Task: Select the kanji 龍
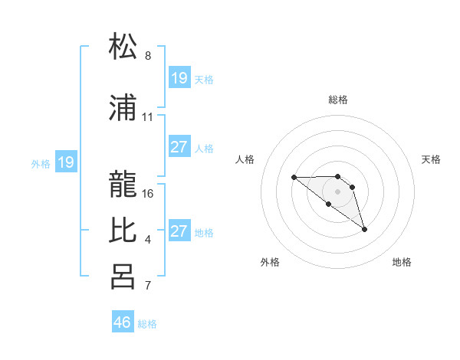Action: (123, 182)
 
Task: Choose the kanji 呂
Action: (123, 277)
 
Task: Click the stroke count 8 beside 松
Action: (148, 56)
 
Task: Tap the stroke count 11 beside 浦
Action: (148, 118)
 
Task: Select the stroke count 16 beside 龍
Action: (148, 193)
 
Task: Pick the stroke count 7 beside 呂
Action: (148, 286)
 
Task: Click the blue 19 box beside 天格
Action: (179, 78)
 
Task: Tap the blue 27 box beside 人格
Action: (179, 148)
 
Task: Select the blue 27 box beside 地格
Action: (179, 231)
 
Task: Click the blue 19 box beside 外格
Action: (66, 162)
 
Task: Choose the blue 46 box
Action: (123, 322)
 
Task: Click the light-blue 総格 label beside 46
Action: (147, 324)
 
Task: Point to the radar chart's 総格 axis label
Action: (337, 100)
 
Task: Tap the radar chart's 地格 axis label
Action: (402, 262)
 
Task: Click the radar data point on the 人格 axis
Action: (294, 178)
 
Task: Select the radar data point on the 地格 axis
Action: (364, 229)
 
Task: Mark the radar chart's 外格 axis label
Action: (270, 262)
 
